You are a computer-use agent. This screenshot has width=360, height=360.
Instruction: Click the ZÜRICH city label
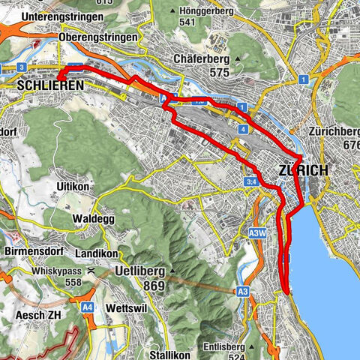coord(302,170)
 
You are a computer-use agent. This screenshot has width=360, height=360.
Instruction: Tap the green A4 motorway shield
coord(88,306)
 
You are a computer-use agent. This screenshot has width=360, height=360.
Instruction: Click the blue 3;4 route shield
coord(251,182)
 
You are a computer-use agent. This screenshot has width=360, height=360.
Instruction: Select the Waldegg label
coord(91,218)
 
